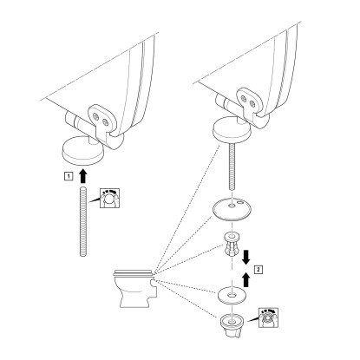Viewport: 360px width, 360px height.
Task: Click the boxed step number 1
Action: pyautogui.click(x=69, y=175)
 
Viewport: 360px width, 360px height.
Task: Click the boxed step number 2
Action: pyautogui.click(x=259, y=270)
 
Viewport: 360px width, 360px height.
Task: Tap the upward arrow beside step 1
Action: pyautogui.click(x=83, y=176)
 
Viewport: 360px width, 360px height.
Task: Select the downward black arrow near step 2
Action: pyautogui.click(x=246, y=258)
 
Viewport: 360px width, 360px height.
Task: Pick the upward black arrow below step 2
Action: pyautogui.click(x=246, y=279)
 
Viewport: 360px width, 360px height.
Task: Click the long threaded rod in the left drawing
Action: pyautogui.click(x=83, y=222)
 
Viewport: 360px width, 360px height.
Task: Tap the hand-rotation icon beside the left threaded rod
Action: pyautogui.click(x=109, y=198)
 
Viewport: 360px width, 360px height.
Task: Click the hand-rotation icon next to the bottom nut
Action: pyautogui.click(x=268, y=317)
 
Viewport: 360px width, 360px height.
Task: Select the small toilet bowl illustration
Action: pyautogui.click(x=134, y=289)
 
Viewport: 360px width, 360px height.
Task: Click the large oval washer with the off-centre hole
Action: pyautogui.click(x=232, y=208)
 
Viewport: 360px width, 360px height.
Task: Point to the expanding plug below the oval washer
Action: pyautogui.click(x=232, y=245)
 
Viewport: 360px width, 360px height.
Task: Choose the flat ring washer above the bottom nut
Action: pyautogui.click(x=232, y=296)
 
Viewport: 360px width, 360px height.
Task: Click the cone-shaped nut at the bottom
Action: pyautogui.click(x=232, y=326)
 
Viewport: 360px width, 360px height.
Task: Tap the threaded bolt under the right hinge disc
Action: pyautogui.click(x=232, y=167)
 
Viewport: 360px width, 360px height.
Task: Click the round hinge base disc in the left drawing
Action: pyautogui.click(x=82, y=151)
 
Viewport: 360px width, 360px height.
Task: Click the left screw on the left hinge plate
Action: pyautogui.click(x=97, y=116)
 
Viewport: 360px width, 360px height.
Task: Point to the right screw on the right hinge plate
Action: pyautogui.click(x=253, y=103)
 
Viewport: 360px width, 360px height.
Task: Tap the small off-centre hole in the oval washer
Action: pyautogui.click(x=241, y=203)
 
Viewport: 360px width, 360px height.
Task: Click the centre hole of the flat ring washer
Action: pyautogui.click(x=232, y=295)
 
